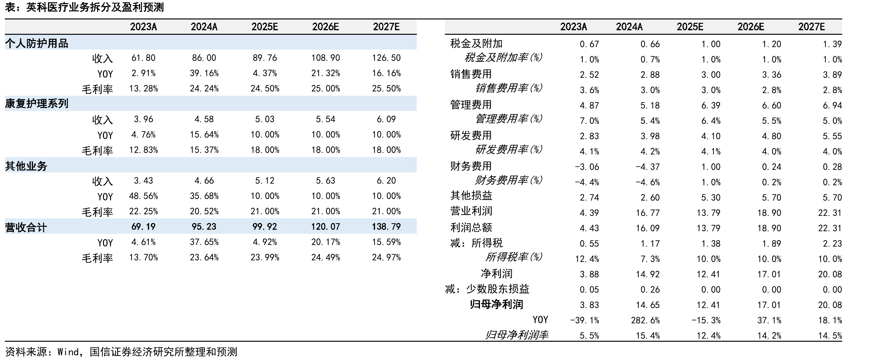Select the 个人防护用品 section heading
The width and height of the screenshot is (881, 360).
click(37, 43)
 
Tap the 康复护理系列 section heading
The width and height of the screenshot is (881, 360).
click(37, 104)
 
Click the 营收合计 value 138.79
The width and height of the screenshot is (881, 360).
click(386, 227)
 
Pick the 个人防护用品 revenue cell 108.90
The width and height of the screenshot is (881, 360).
click(326, 58)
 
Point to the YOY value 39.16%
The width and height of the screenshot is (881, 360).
click(204, 73)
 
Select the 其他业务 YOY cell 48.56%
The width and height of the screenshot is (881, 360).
click(143, 196)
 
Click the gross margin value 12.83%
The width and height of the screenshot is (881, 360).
click(143, 150)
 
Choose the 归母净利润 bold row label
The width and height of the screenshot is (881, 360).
click(496, 304)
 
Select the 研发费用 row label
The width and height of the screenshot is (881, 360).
click(471, 135)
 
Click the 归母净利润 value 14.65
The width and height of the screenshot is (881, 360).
click(648, 305)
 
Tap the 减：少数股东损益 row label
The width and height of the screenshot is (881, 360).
click(487, 289)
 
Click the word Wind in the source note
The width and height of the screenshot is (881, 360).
click(68, 352)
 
